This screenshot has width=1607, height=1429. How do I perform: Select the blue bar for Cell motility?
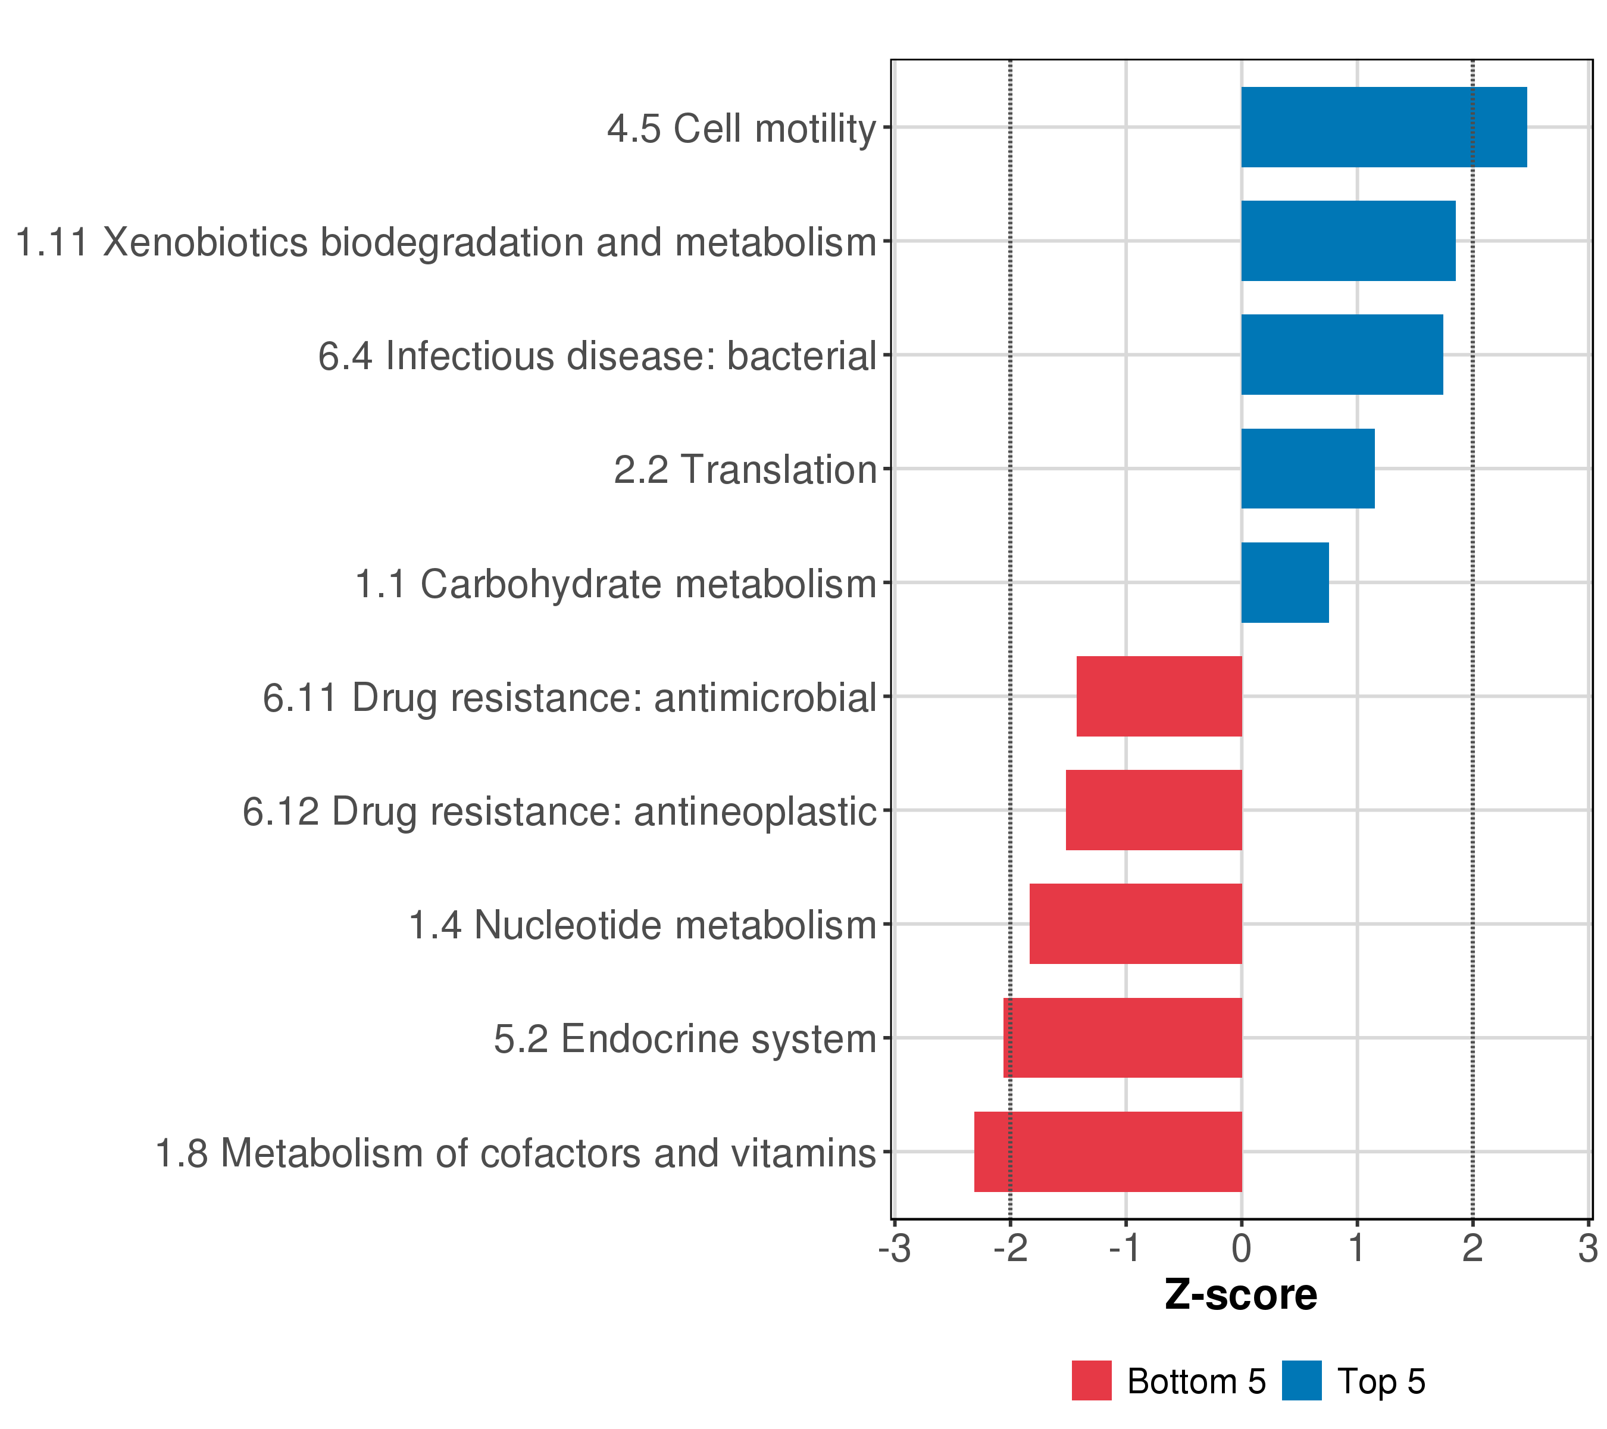(1384, 127)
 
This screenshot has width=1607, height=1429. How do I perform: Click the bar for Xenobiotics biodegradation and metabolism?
(1348, 241)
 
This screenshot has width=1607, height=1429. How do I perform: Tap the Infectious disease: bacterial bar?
(1342, 355)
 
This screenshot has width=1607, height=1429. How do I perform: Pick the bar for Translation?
(1308, 469)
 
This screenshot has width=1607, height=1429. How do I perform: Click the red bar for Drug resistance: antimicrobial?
(1159, 696)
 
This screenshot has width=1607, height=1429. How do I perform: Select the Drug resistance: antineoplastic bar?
(1154, 810)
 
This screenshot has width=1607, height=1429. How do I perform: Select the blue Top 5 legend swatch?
(1302, 1380)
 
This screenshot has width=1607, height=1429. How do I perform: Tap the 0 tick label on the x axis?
(1242, 1248)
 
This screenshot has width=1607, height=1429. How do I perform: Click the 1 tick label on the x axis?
(1357, 1248)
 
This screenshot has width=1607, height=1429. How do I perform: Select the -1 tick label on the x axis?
(1126, 1248)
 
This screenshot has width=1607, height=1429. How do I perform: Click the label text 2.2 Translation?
(745, 470)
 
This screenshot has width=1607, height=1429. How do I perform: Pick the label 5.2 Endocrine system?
(685, 1039)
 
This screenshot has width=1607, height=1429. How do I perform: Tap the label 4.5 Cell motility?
(742, 128)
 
